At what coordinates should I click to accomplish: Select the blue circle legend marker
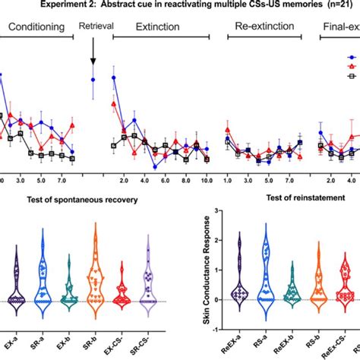coord(352,57)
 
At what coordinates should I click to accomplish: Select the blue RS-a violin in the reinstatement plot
coord(265,273)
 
